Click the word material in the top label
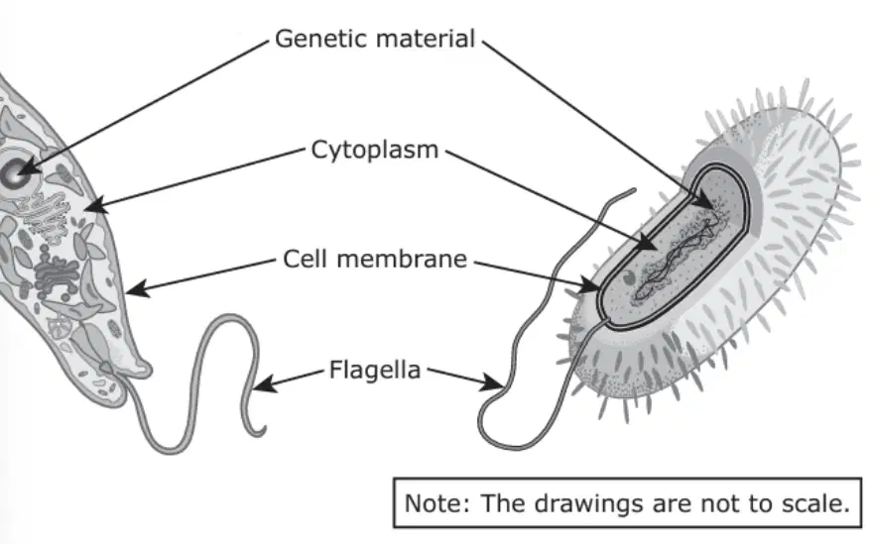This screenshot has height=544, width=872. click(426, 39)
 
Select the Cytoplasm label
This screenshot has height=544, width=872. click(375, 150)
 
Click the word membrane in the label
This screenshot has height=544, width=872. click(402, 259)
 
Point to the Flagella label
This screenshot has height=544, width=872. click(375, 370)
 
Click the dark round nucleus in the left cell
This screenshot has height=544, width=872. click(13, 173)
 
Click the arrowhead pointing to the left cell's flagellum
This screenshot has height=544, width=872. click(264, 383)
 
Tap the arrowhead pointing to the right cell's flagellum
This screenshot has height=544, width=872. click(493, 382)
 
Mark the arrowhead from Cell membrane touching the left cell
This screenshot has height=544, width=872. click(137, 287)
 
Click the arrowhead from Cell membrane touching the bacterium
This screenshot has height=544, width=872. click(589, 285)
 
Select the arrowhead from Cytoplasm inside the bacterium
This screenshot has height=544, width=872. click(646, 242)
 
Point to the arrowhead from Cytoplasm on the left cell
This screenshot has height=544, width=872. click(95, 205)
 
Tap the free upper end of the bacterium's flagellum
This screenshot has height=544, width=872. click(632, 191)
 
